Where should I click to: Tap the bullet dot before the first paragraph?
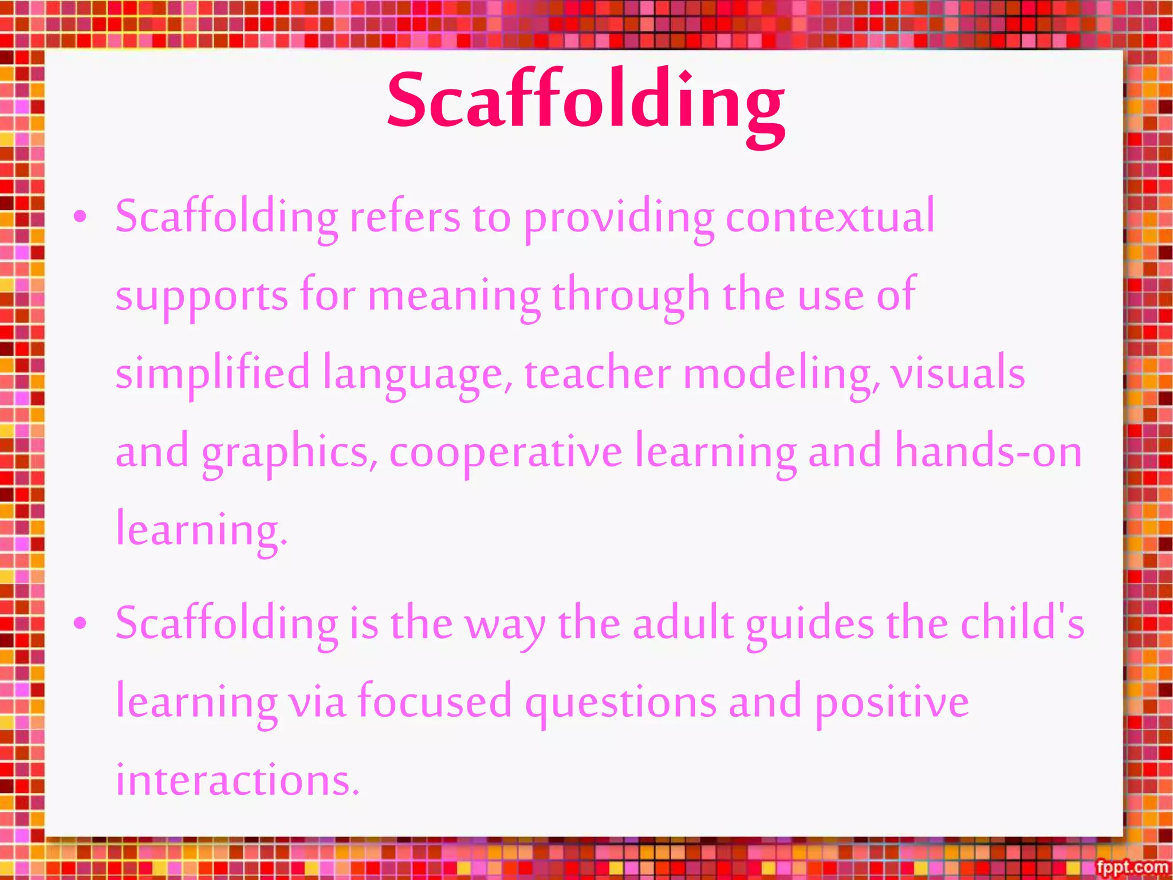point(81,217)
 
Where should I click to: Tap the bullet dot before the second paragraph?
point(81,623)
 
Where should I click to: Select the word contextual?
point(830,217)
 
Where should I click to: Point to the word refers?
point(405,217)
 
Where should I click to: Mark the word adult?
point(683,623)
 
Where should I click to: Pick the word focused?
point(435,702)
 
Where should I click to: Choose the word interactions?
point(238,780)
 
